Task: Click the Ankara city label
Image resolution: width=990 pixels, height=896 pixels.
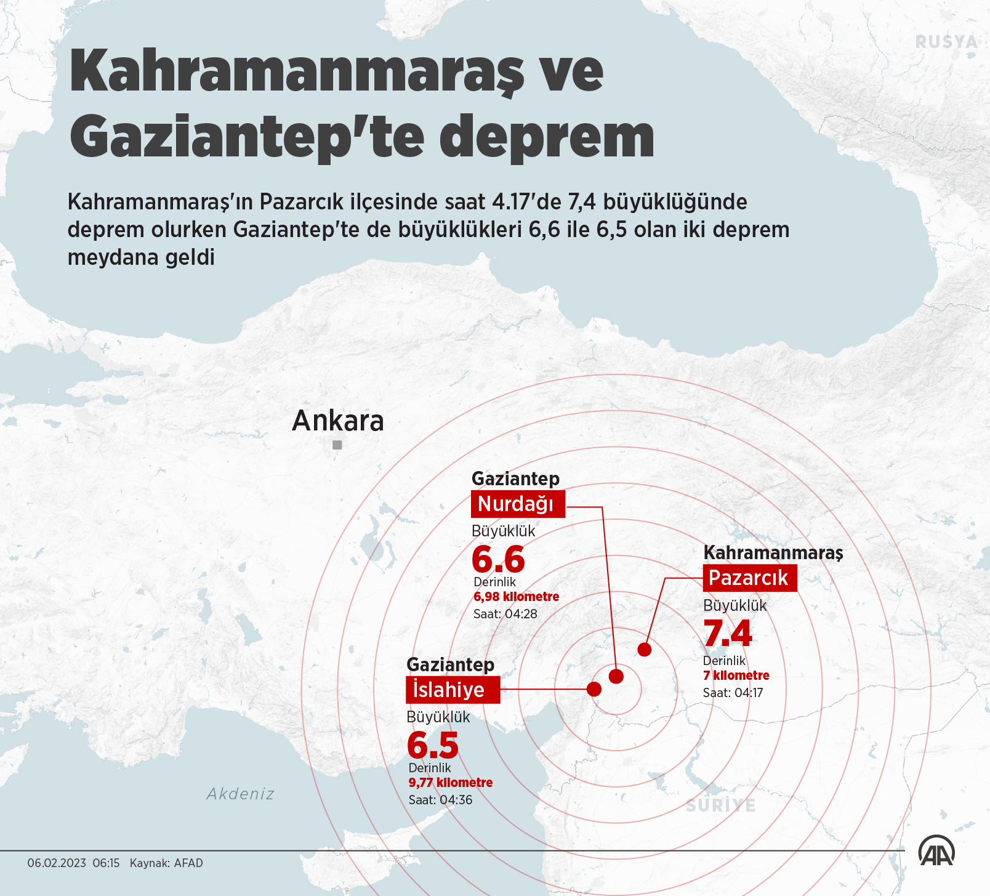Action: (338, 421)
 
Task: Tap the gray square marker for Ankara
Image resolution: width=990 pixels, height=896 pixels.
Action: (337, 445)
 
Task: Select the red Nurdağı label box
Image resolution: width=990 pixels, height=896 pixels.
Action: (518, 504)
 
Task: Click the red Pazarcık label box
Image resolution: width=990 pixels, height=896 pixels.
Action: (749, 578)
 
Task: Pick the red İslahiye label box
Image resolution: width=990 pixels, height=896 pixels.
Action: (453, 690)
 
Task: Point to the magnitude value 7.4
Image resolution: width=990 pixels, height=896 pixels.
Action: (728, 633)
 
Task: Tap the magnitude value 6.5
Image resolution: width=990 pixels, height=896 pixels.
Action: (433, 745)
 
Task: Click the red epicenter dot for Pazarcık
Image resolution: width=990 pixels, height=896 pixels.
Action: (645, 649)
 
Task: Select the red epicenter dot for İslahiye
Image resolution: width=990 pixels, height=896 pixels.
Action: (594, 688)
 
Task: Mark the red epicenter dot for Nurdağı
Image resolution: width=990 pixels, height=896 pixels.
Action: (616, 676)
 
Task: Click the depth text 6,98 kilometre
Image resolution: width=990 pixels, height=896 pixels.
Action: (516, 597)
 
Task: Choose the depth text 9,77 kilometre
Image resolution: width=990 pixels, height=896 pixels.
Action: (451, 783)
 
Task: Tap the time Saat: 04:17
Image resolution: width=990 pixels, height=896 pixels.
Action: (733, 693)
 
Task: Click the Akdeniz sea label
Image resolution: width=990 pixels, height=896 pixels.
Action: (241, 794)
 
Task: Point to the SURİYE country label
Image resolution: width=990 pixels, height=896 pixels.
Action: (721, 805)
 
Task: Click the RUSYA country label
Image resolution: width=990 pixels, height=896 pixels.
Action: (946, 42)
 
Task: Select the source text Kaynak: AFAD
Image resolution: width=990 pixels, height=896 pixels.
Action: (166, 863)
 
